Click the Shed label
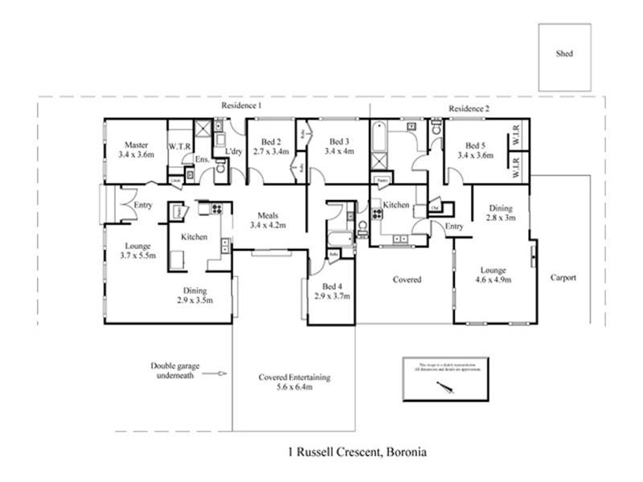pos(564,55)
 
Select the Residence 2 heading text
pos(469,108)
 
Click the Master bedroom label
pos(135,145)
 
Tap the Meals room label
pos(268,215)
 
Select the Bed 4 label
pos(330,287)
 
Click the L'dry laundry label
pos(234,151)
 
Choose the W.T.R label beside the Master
pos(179,146)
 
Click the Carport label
pos(563,278)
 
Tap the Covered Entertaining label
pos(294,377)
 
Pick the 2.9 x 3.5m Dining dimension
pos(195,300)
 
